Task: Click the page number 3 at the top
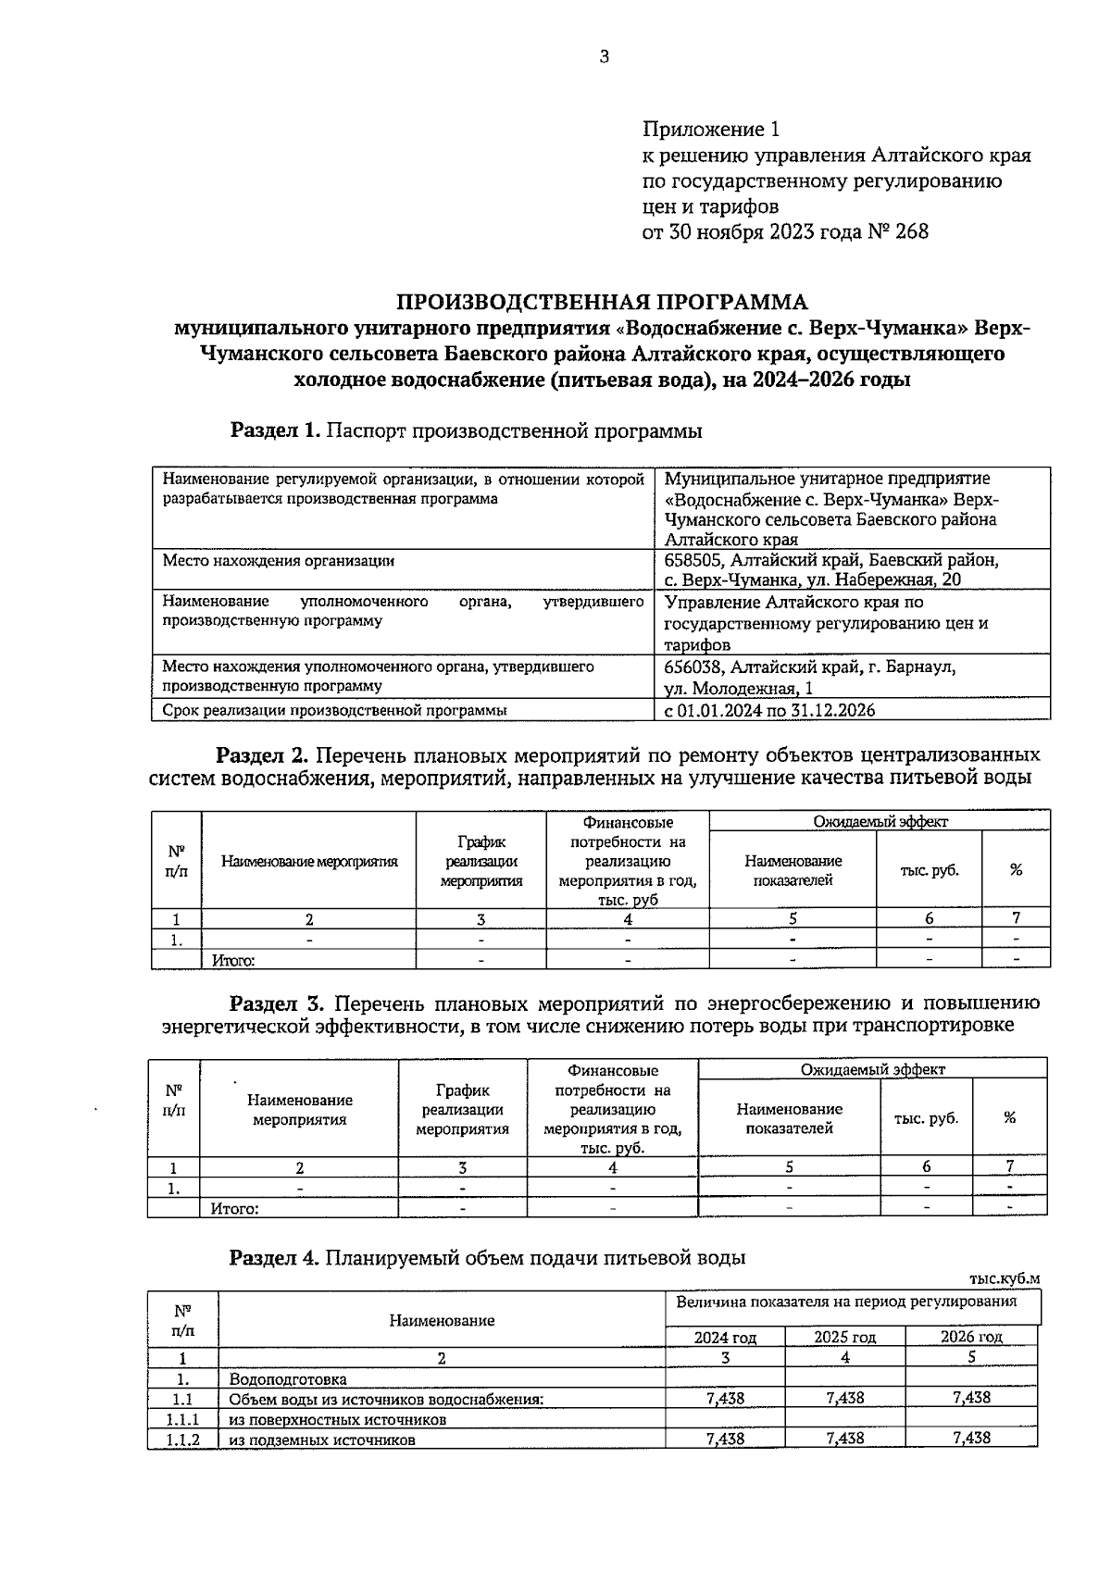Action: point(605,57)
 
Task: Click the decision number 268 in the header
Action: point(911,231)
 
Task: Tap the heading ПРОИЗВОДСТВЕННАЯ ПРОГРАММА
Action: point(602,302)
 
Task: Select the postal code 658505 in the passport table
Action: point(693,560)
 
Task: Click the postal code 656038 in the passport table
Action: point(693,667)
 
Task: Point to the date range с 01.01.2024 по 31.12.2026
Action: point(769,710)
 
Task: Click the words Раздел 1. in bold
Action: point(275,430)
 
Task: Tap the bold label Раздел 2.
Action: point(260,754)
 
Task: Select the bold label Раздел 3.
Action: point(275,1003)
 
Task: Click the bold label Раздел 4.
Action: point(275,1257)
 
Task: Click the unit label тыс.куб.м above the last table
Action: point(1005,1278)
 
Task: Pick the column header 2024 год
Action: point(725,1337)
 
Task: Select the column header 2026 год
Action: point(971,1337)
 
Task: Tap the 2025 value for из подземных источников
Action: point(844,1439)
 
